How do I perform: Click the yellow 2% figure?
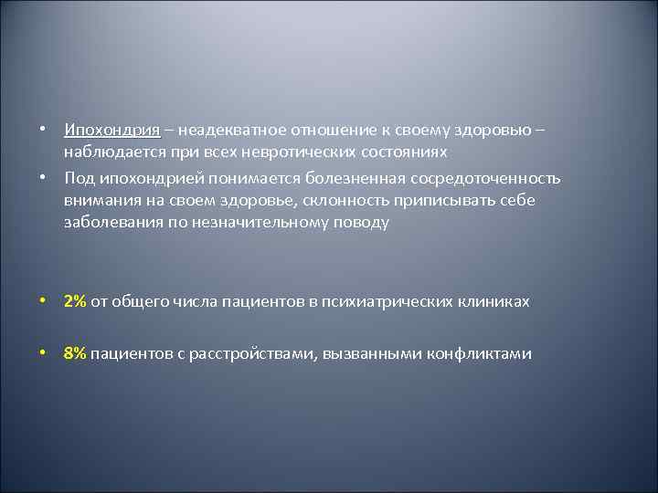[75, 301]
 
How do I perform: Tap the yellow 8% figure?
[75, 353]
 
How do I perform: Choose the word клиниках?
[494, 301]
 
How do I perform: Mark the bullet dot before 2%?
[44, 301]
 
